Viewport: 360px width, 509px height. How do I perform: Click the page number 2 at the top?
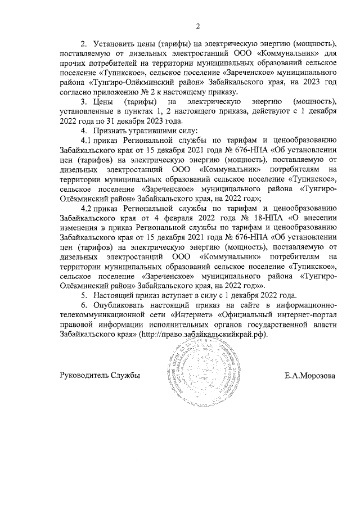click(198, 25)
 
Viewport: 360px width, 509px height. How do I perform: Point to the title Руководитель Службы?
click(99, 375)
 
